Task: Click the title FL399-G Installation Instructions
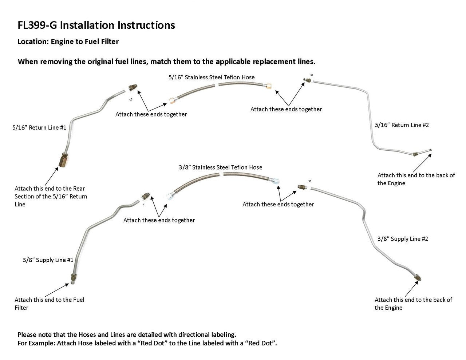point(96,25)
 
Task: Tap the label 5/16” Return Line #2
point(402,125)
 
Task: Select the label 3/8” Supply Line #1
point(48,260)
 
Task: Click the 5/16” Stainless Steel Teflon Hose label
point(212,77)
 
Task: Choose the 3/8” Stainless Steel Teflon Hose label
point(220,167)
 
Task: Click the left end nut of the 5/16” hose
point(171,100)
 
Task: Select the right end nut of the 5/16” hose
point(269,86)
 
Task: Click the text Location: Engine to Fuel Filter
point(68,41)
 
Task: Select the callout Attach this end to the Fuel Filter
point(49,304)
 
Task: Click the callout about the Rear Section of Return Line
point(51,197)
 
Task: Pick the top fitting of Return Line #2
point(307,80)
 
